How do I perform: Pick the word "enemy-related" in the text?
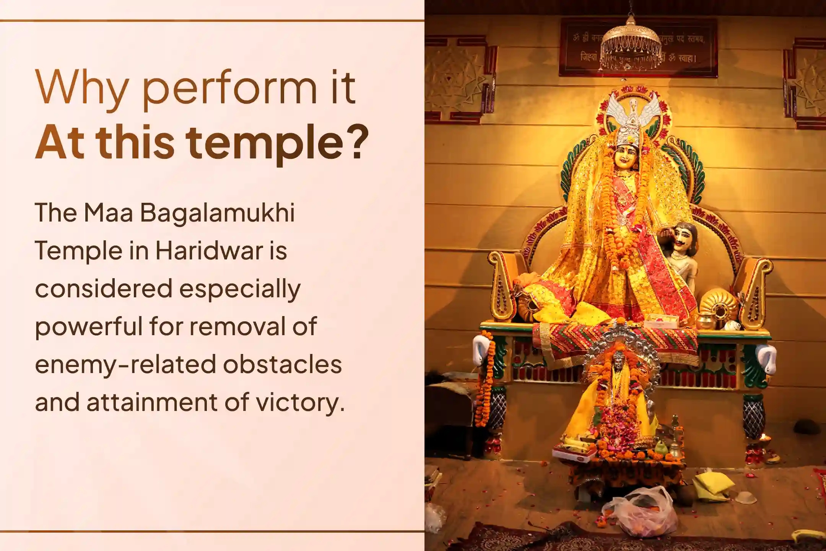(x=124, y=364)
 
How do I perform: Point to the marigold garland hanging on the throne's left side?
(x=486, y=379)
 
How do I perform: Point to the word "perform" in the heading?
(x=229, y=89)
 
